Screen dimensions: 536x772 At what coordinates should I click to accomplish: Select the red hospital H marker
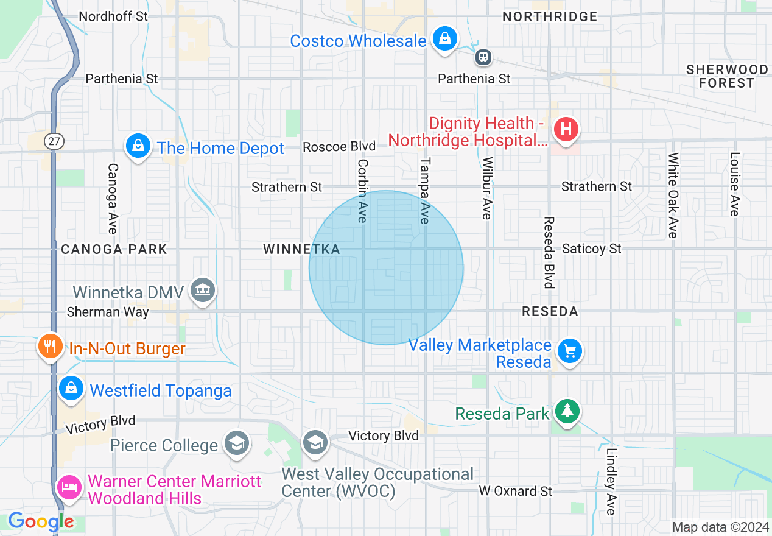coord(566,129)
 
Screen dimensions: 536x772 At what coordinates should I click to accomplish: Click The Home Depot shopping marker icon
coord(139,146)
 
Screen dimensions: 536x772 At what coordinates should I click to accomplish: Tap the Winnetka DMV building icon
coord(202,290)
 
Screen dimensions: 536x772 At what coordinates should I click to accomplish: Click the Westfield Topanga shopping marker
coord(71,388)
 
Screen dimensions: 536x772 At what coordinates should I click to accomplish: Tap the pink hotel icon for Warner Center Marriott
coord(68,487)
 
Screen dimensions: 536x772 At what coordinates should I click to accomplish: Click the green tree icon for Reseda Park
coord(567,411)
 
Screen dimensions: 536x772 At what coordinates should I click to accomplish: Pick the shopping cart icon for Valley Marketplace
coord(570,351)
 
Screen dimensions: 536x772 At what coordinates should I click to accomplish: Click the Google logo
coord(41,522)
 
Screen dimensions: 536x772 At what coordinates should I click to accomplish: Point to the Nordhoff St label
coord(113,16)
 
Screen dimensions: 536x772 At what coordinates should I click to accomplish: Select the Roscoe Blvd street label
coord(339,147)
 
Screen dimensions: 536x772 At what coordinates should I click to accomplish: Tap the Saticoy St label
coord(591,249)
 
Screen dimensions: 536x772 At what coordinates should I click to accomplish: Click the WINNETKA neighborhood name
coord(301,249)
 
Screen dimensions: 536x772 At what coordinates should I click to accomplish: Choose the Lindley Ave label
coord(611,482)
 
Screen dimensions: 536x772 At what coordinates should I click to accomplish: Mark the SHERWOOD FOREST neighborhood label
coord(726,76)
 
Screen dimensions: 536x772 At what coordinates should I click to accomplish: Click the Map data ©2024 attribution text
coord(720,527)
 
